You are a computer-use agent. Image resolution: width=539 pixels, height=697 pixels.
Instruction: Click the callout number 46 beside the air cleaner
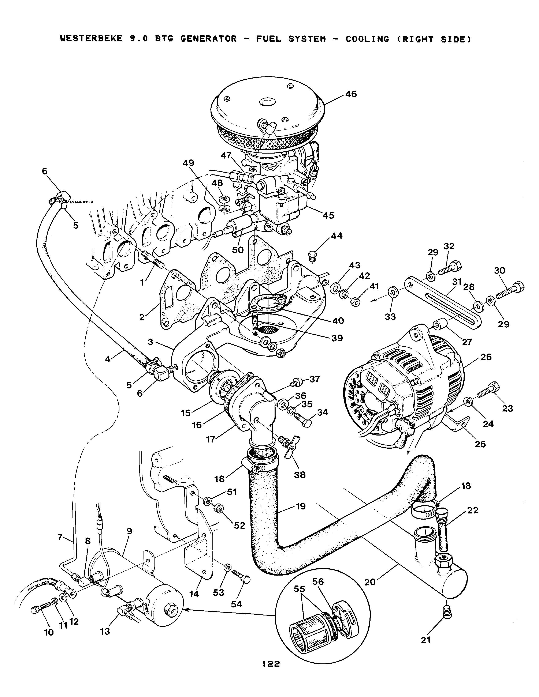tap(351, 94)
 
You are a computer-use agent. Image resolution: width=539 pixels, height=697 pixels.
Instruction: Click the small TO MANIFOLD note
tap(81, 202)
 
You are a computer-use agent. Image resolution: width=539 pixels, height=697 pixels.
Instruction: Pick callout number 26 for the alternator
tap(486, 357)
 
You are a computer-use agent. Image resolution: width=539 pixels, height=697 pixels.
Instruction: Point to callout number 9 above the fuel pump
tap(129, 531)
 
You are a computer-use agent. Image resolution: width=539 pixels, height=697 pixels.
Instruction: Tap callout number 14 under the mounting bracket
tap(194, 594)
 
